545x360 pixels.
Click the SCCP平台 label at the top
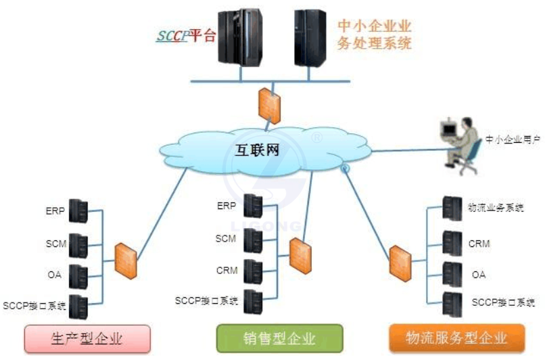coord(186,36)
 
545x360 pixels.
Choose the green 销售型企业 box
coord(279,336)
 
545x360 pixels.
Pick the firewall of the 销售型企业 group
coord(298,252)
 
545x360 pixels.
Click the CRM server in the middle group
coord(253,271)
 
